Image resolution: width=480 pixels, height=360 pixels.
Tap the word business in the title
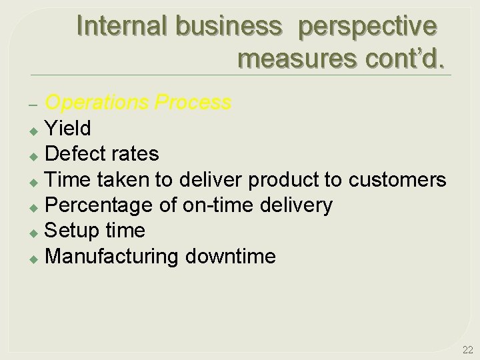[x=229, y=26]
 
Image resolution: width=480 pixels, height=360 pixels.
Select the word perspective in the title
[x=368, y=26]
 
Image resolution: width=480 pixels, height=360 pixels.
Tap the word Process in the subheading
[x=193, y=103]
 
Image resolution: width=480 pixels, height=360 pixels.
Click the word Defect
[x=75, y=154]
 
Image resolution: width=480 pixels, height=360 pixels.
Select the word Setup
[x=72, y=231]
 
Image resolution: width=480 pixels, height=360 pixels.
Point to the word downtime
[x=230, y=256]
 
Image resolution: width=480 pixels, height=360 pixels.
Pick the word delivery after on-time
[x=294, y=205]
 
